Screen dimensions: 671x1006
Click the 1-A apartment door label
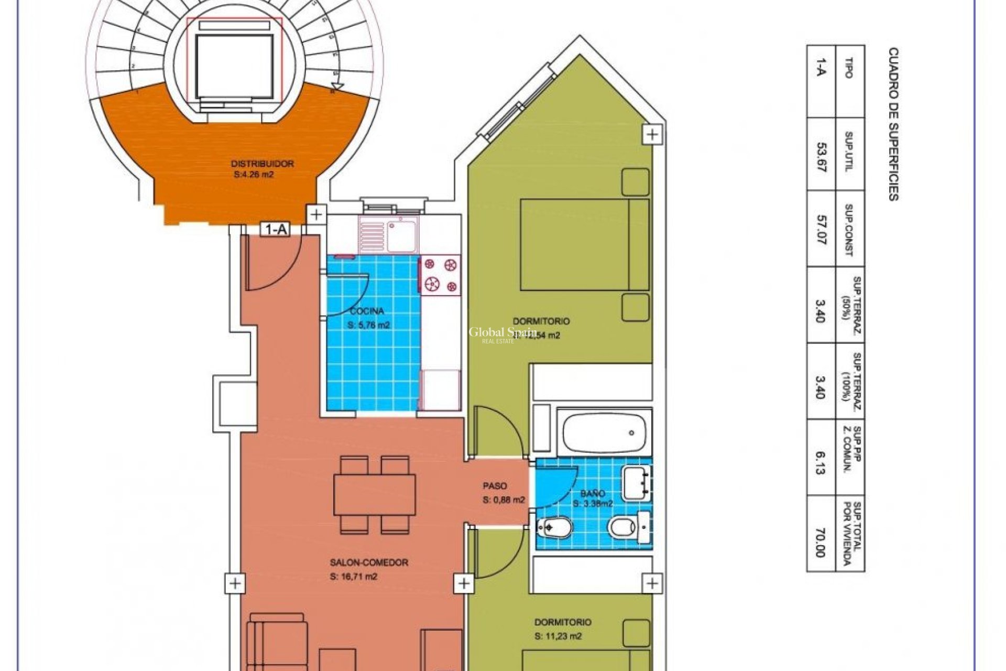pos(276,229)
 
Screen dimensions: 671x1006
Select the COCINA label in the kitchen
pos(367,311)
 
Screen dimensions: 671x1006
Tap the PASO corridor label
pos(495,486)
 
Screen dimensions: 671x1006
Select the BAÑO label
pos(593,493)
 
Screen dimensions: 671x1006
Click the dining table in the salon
pos(375,494)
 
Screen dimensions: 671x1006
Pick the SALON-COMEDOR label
pos(369,562)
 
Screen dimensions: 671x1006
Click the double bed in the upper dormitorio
pos(584,244)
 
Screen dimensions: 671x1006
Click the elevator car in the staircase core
pos(234,65)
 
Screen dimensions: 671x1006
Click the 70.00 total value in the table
pos(821,543)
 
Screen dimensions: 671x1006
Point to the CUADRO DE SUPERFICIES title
pos(893,124)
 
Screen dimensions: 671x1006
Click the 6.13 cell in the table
pos(821,461)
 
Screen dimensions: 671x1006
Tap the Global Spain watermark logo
pos(502,333)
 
